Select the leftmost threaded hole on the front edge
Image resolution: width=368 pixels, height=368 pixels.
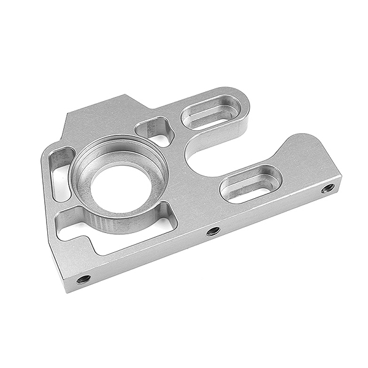coord(83,280)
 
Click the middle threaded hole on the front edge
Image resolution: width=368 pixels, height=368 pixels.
coord(213,231)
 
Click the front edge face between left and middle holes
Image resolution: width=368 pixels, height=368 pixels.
coord(147,256)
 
